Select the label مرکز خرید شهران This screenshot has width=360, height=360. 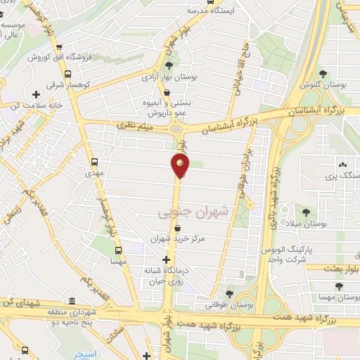click(x=181, y=239)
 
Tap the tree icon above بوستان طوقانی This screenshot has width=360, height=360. click(x=230, y=294)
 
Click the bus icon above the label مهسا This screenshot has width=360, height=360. click(x=117, y=249)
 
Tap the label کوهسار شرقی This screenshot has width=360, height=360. click(x=79, y=84)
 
